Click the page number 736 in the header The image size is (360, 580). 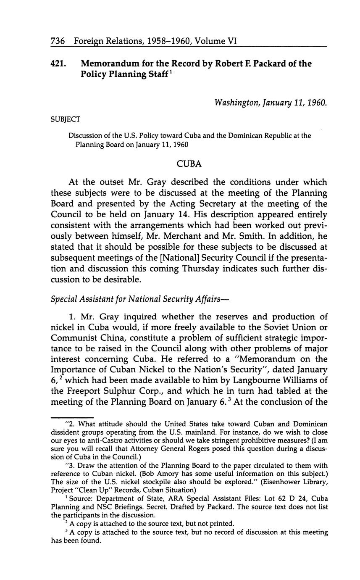pos(57,41)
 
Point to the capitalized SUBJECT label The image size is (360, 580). pos(66,120)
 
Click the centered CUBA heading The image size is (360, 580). pos(189,164)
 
